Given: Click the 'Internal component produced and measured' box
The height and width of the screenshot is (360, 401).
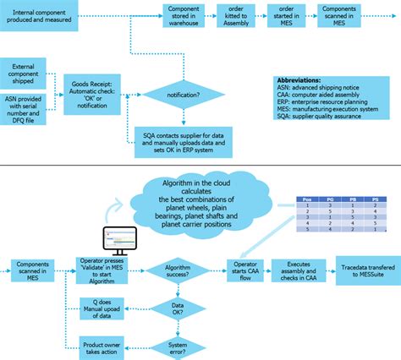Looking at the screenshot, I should point(52,15).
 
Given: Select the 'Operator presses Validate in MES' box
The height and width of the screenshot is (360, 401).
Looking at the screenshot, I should point(107,269).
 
